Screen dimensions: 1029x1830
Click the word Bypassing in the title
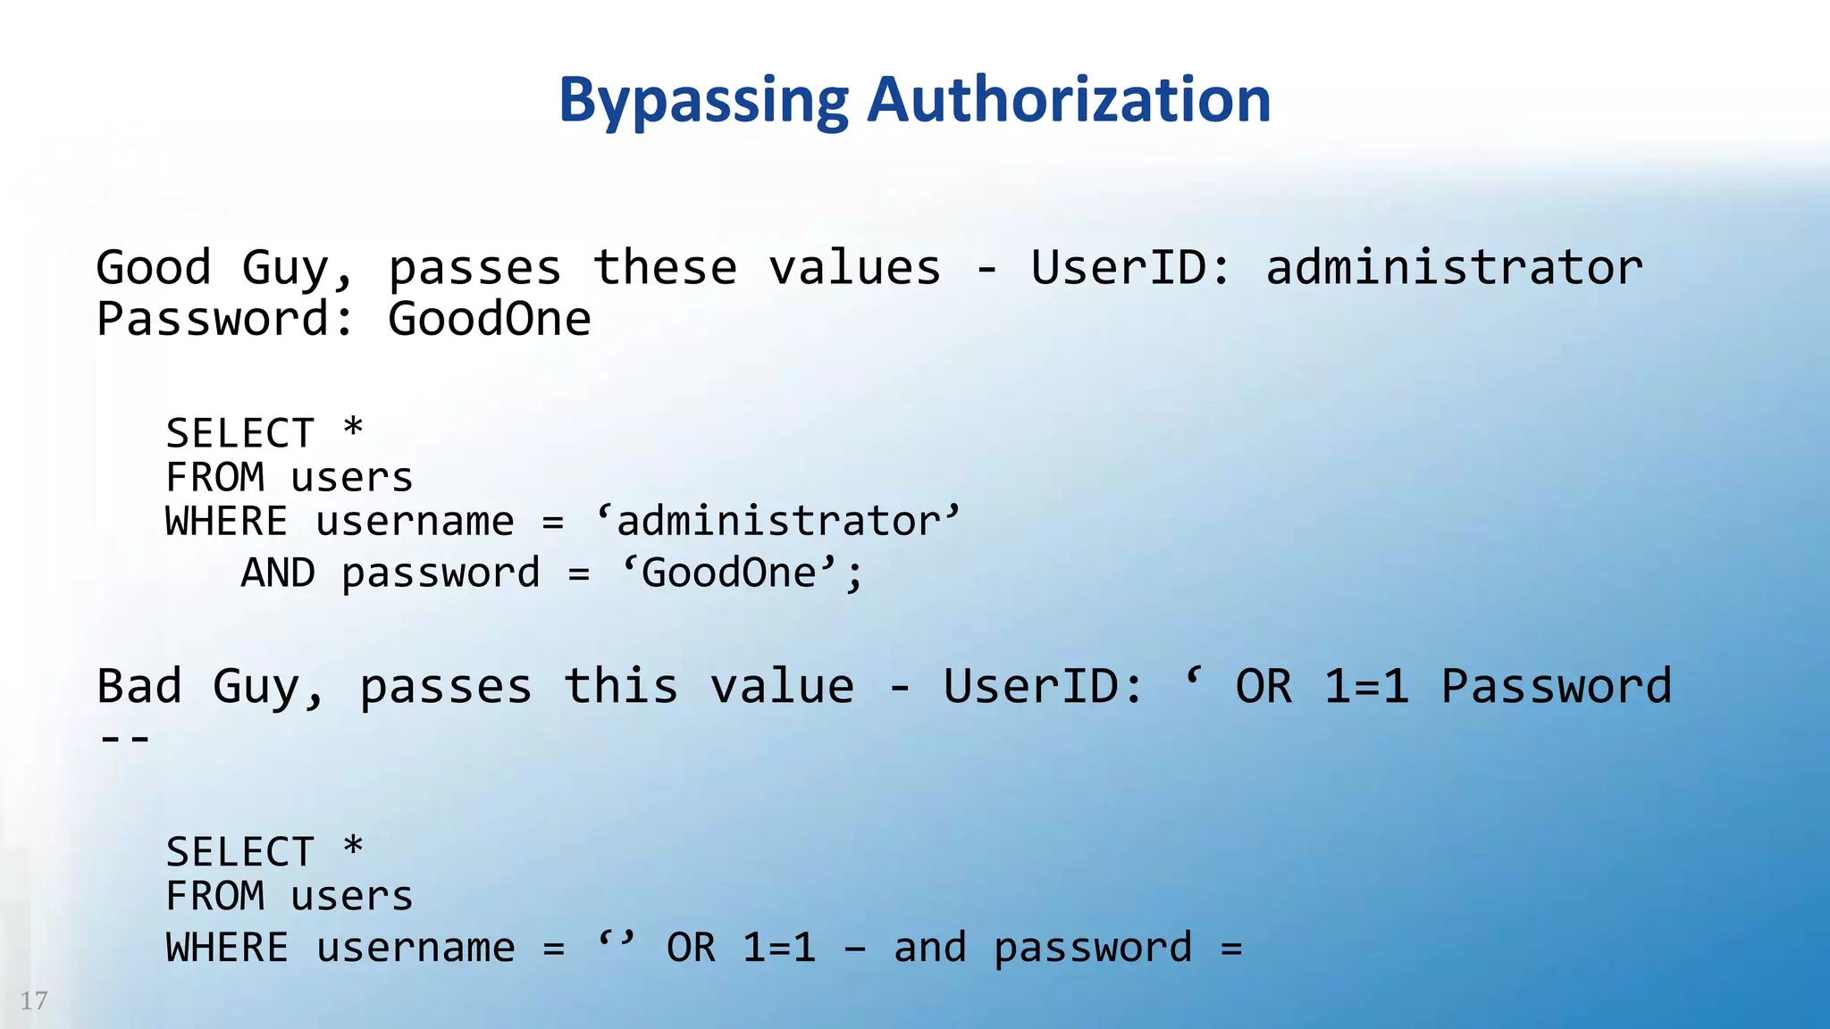click(x=703, y=100)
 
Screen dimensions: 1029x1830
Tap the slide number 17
click(x=34, y=1000)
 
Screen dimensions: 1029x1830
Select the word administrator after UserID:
click(x=1454, y=268)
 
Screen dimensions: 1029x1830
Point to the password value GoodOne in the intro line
click(x=489, y=320)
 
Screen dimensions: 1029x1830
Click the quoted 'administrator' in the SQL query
click(x=778, y=522)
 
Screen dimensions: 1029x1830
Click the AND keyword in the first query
click(x=278, y=573)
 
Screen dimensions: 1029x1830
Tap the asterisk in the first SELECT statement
click(x=353, y=429)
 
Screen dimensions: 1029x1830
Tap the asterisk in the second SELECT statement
click(x=353, y=847)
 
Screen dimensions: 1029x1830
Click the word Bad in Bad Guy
click(x=139, y=687)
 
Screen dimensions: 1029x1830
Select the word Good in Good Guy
click(x=153, y=268)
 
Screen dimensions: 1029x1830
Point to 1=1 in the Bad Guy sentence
click(x=1366, y=687)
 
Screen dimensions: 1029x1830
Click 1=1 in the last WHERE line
click(x=779, y=948)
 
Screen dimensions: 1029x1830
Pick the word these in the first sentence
click(x=665, y=268)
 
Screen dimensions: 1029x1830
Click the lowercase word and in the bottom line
click(x=929, y=948)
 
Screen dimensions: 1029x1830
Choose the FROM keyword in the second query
click(x=214, y=896)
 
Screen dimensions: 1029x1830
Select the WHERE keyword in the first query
click(x=227, y=522)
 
